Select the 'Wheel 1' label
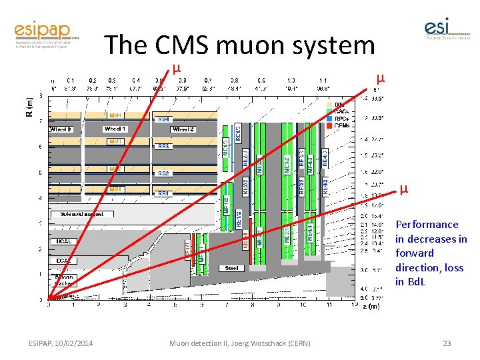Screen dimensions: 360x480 115,129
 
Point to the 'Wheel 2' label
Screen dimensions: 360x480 183,129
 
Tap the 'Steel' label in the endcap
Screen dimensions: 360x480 232,268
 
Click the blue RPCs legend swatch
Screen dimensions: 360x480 329,118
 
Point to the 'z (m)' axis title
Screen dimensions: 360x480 371,307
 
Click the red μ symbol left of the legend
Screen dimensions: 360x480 379,77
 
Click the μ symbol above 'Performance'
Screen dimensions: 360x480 403,190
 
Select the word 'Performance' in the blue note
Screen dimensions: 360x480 427,225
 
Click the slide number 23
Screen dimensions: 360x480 447,343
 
